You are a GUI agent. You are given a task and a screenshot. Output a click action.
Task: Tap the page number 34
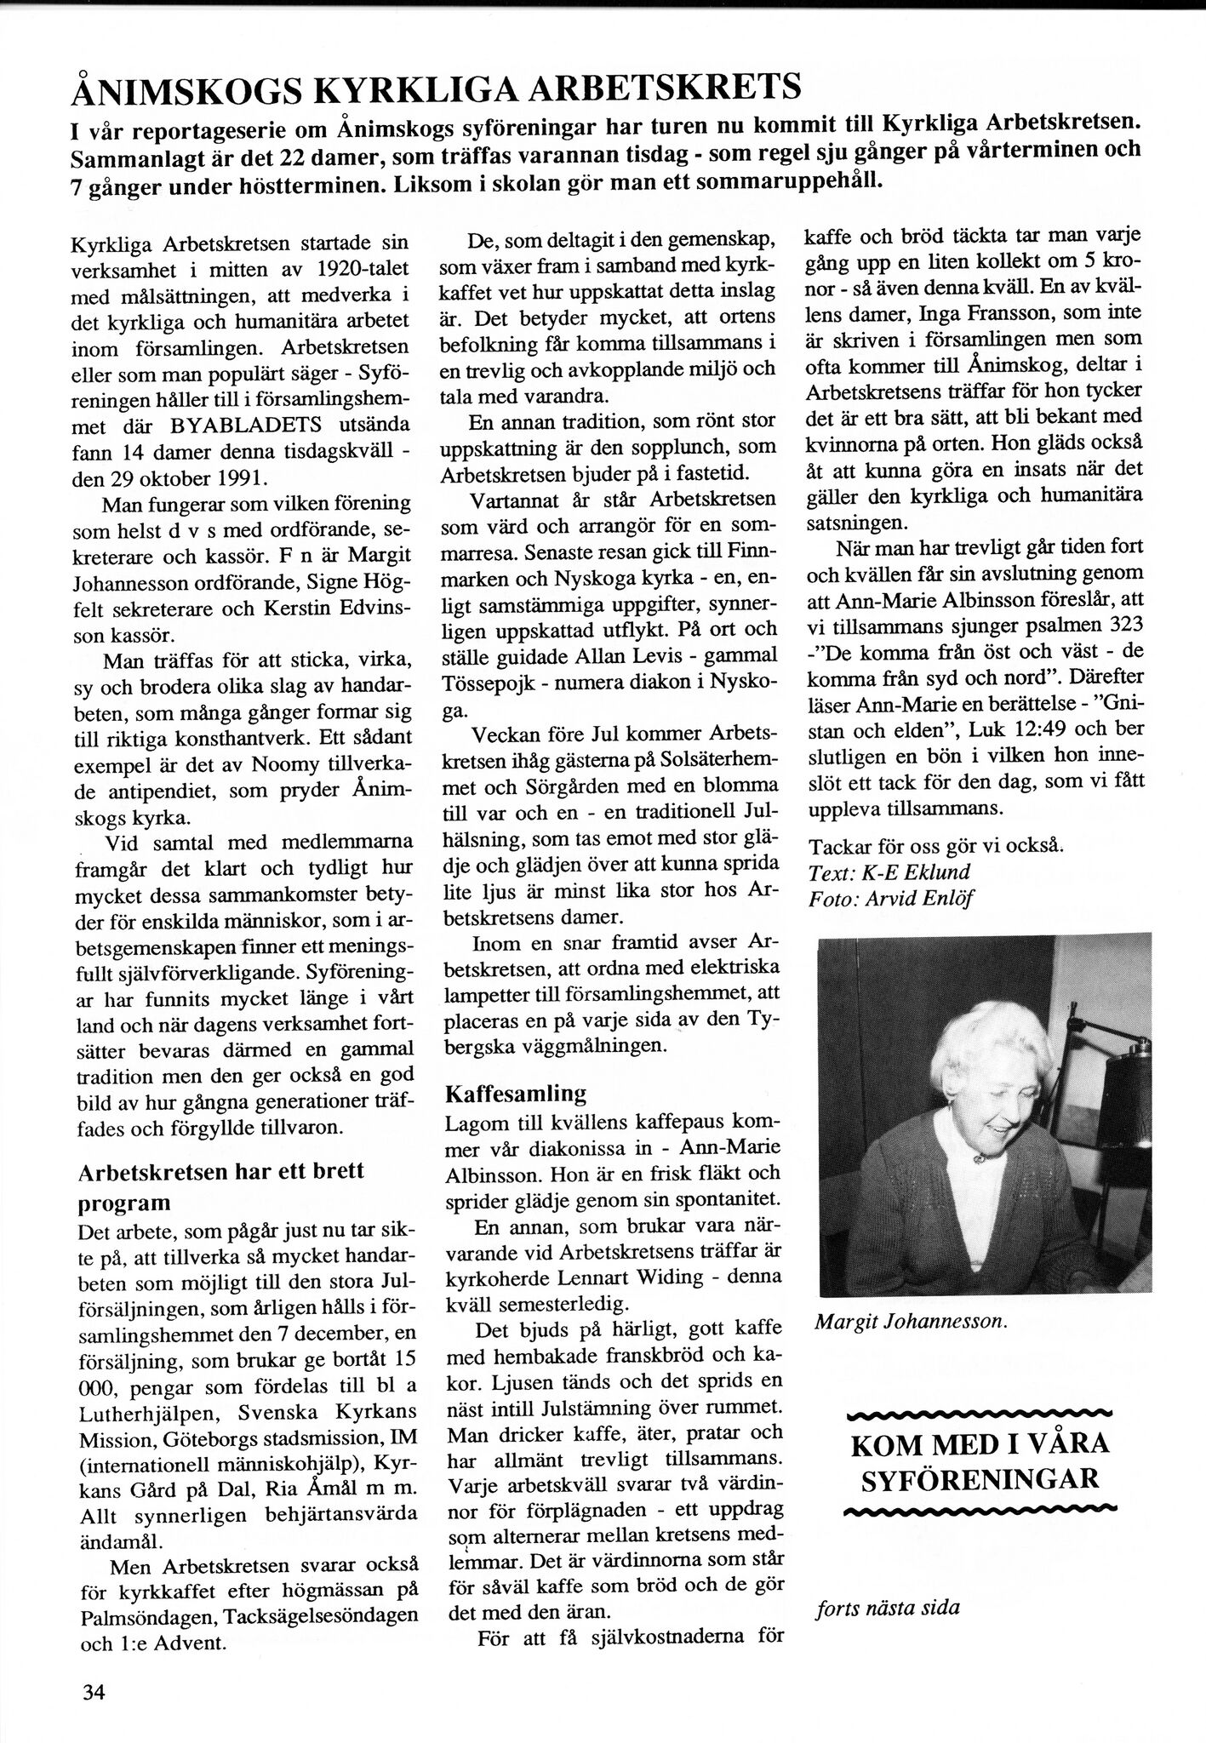94,1693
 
